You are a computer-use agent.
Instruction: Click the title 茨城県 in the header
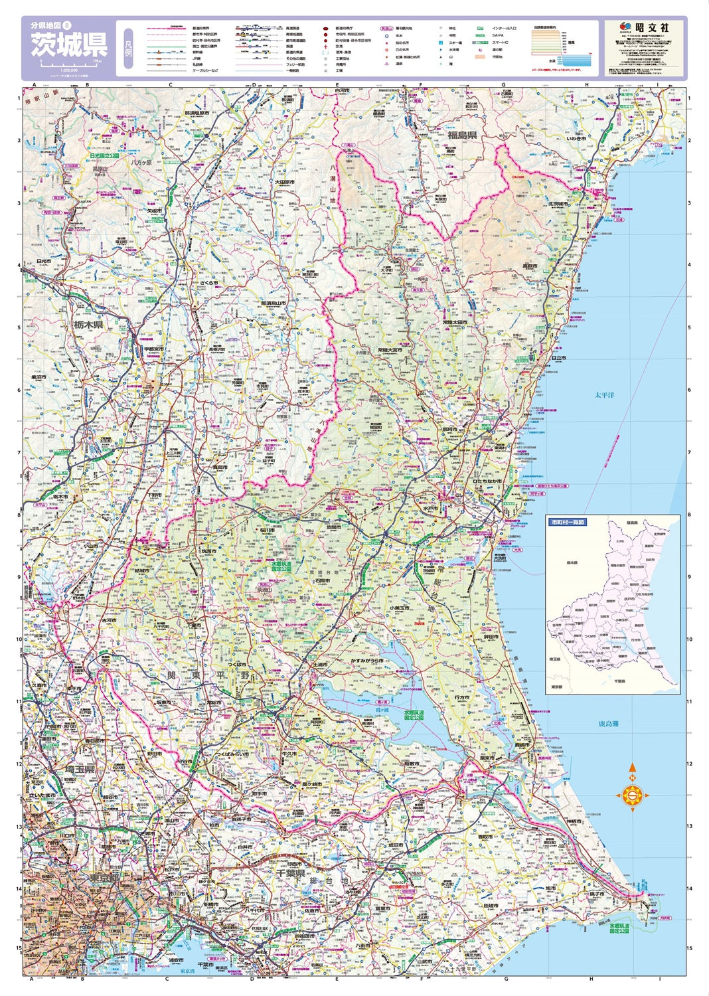[x=68, y=45]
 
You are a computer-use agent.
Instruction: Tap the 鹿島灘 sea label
[x=608, y=724]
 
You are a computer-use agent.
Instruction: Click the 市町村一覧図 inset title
[x=568, y=523]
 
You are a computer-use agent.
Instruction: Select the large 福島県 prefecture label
[x=461, y=135]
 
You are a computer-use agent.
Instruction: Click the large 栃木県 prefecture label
[x=88, y=325]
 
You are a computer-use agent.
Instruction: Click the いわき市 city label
[x=576, y=139]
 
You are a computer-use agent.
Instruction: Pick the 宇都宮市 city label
[x=154, y=349]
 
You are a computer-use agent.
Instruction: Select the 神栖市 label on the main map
[x=574, y=822]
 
